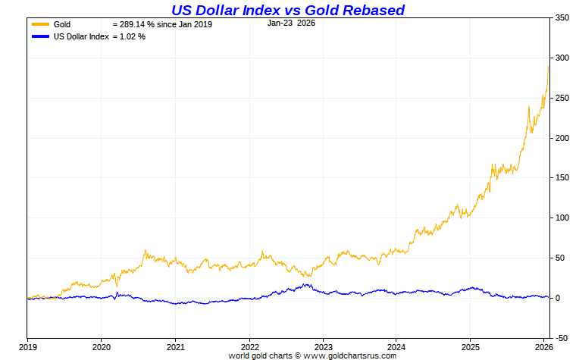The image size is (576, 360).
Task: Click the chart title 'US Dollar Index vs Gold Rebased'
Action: tap(288, 10)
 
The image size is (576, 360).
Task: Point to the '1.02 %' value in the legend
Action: tap(132, 36)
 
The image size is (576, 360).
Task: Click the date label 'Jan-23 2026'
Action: tap(292, 23)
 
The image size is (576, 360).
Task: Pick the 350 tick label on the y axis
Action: tap(562, 17)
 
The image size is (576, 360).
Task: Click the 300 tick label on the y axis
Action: tap(562, 58)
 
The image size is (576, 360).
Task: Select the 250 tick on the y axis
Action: tap(562, 98)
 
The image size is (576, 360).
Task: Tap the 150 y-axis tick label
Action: tap(562, 177)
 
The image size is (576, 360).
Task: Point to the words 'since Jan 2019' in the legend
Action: tap(186, 24)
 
